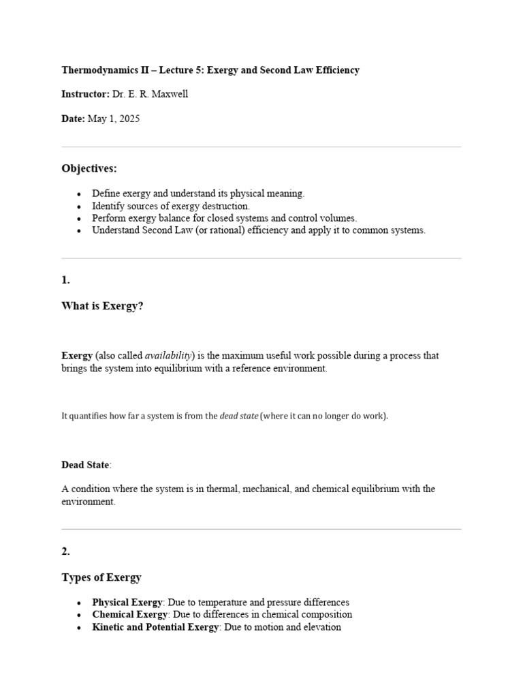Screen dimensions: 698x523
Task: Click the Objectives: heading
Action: (x=89, y=168)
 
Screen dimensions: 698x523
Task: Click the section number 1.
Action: (x=65, y=280)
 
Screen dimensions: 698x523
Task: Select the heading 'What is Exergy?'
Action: (x=102, y=306)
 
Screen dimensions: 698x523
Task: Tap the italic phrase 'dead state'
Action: (x=238, y=416)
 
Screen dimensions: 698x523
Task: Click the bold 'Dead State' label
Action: (x=85, y=465)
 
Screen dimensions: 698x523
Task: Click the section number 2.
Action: (x=65, y=552)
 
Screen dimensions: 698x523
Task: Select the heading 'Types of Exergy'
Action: (x=101, y=577)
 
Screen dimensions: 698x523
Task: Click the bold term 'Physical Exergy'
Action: (x=127, y=603)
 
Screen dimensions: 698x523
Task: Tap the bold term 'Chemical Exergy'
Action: (x=129, y=615)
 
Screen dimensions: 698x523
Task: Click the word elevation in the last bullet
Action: (x=320, y=627)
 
